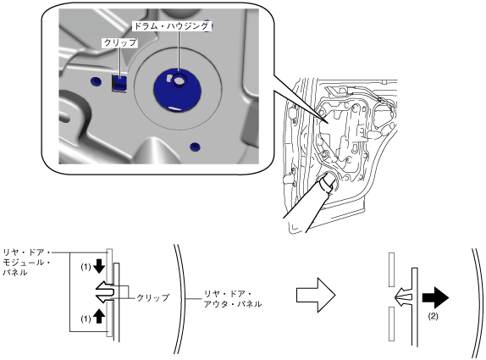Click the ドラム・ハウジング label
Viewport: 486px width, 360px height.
[171, 26]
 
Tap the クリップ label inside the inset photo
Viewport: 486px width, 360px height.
[119, 43]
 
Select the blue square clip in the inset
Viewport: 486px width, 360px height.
[119, 83]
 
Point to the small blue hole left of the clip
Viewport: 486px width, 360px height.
[96, 81]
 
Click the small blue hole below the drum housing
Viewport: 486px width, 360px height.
[195, 147]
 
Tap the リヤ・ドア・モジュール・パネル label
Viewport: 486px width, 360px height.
[27, 262]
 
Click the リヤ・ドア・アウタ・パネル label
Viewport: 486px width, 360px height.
[233, 299]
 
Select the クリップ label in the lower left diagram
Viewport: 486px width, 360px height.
[153, 297]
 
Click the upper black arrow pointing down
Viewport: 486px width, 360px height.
[99, 266]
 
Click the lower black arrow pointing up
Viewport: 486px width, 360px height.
[99, 316]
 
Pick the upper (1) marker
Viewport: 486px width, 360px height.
[86, 267]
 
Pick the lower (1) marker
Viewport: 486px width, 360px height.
[86, 318]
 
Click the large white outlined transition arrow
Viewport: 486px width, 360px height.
[316, 295]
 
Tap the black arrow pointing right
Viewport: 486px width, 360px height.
[435, 297]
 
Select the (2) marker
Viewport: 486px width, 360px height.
[433, 317]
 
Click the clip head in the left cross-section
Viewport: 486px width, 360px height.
[105, 291]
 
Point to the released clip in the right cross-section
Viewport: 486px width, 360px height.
[404, 297]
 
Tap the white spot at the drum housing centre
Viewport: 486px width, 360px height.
[179, 80]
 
